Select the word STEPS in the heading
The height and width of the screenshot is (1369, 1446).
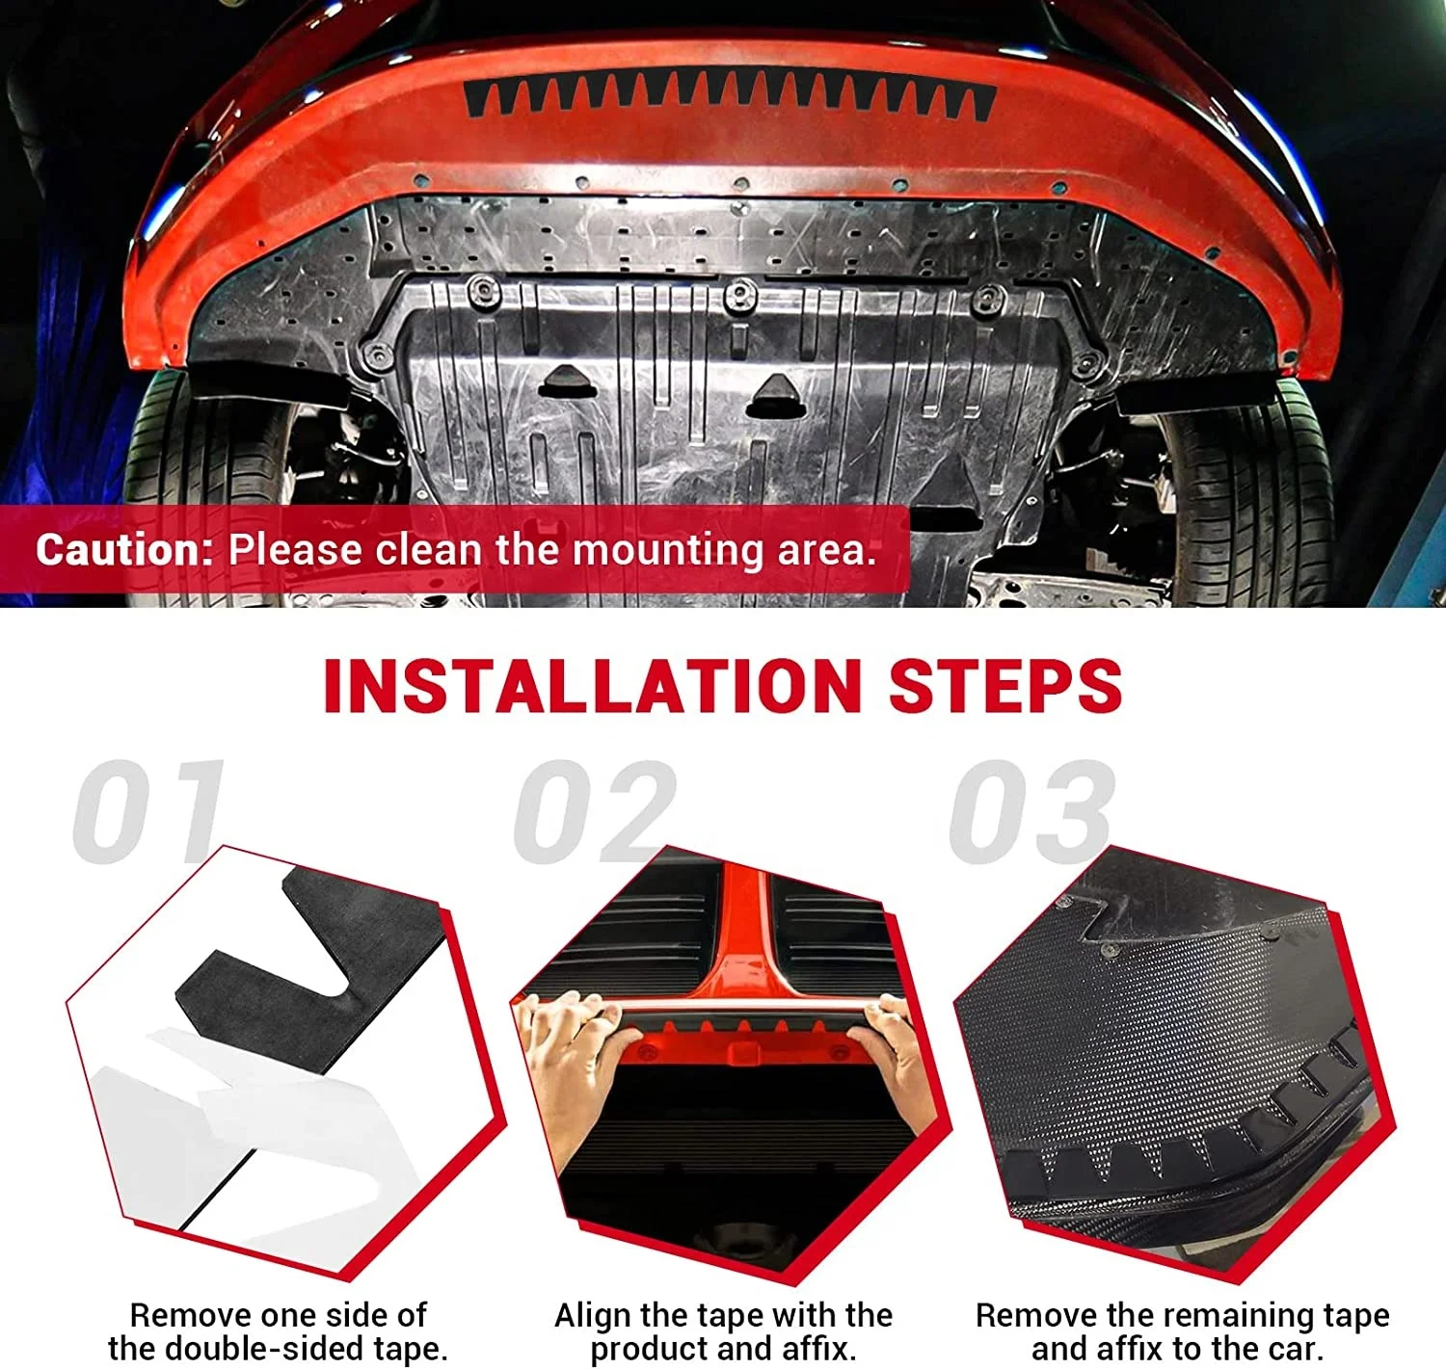pos(1004,686)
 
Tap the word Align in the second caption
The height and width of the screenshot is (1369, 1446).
pos(593,1315)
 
